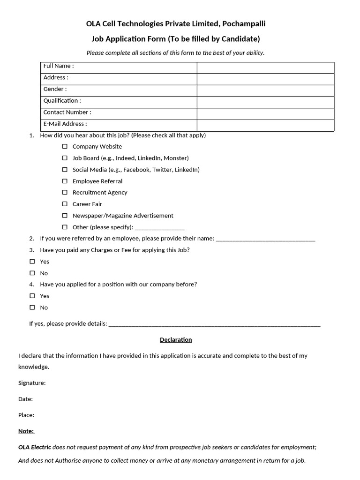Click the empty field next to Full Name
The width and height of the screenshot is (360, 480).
coord(265,67)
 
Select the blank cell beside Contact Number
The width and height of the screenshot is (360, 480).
coord(265,114)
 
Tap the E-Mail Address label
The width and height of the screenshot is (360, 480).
coord(65,124)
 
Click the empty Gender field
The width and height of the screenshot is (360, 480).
coord(265,90)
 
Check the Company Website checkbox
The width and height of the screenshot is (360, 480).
coord(65,147)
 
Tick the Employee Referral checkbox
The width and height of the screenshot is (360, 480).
coord(65,181)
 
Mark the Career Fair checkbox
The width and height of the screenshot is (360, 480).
coord(65,204)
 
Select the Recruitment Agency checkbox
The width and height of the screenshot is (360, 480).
coord(65,193)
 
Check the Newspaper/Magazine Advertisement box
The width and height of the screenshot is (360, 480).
coord(65,216)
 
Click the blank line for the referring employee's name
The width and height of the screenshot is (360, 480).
coord(266,240)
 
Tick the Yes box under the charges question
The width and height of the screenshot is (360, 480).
coord(32,262)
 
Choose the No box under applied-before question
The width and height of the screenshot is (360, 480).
coord(32,307)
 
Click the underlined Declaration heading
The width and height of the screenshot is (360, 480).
coord(176,340)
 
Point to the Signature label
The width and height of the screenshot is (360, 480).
coord(32,383)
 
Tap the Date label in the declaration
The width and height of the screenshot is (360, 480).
coord(25,399)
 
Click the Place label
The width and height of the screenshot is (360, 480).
coord(26,415)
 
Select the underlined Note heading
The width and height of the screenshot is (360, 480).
coord(26,431)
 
